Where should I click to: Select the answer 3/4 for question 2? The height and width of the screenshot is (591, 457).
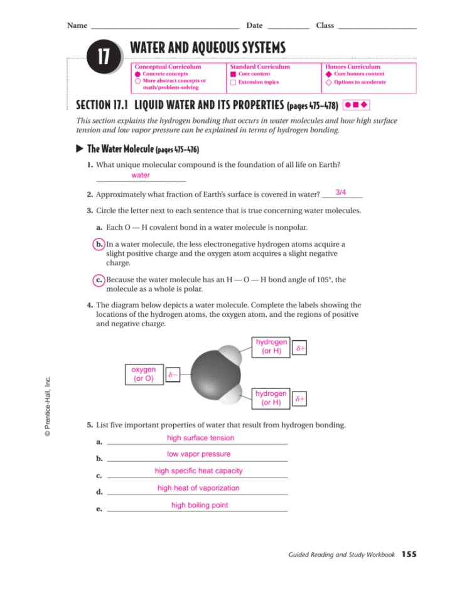pyautogui.click(x=341, y=192)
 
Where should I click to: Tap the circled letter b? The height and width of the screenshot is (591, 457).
pyautogui.click(x=99, y=244)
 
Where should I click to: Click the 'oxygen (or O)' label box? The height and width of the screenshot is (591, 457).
pyautogui.click(x=144, y=374)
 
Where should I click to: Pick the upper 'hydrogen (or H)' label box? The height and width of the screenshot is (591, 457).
pyautogui.click(x=271, y=346)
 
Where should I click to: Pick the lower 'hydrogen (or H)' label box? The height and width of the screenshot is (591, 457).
pyautogui.click(x=271, y=398)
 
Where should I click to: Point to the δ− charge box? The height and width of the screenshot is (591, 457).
pyautogui.click(x=173, y=375)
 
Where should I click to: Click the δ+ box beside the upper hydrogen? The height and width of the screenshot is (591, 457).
pyautogui.click(x=301, y=347)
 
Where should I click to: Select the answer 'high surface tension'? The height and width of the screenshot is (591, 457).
pyautogui.click(x=200, y=438)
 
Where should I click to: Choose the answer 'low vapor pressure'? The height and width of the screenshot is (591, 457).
pyautogui.click(x=198, y=454)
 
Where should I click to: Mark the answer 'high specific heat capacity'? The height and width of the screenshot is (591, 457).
pyautogui.click(x=198, y=471)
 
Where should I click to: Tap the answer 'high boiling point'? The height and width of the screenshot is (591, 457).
pyautogui.click(x=200, y=505)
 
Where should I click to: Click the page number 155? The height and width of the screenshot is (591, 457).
pyautogui.click(x=409, y=554)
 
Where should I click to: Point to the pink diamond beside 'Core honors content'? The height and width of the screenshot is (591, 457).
pyautogui.click(x=328, y=74)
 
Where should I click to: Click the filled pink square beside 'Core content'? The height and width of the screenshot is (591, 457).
pyautogui.click(x=233, y=74)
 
